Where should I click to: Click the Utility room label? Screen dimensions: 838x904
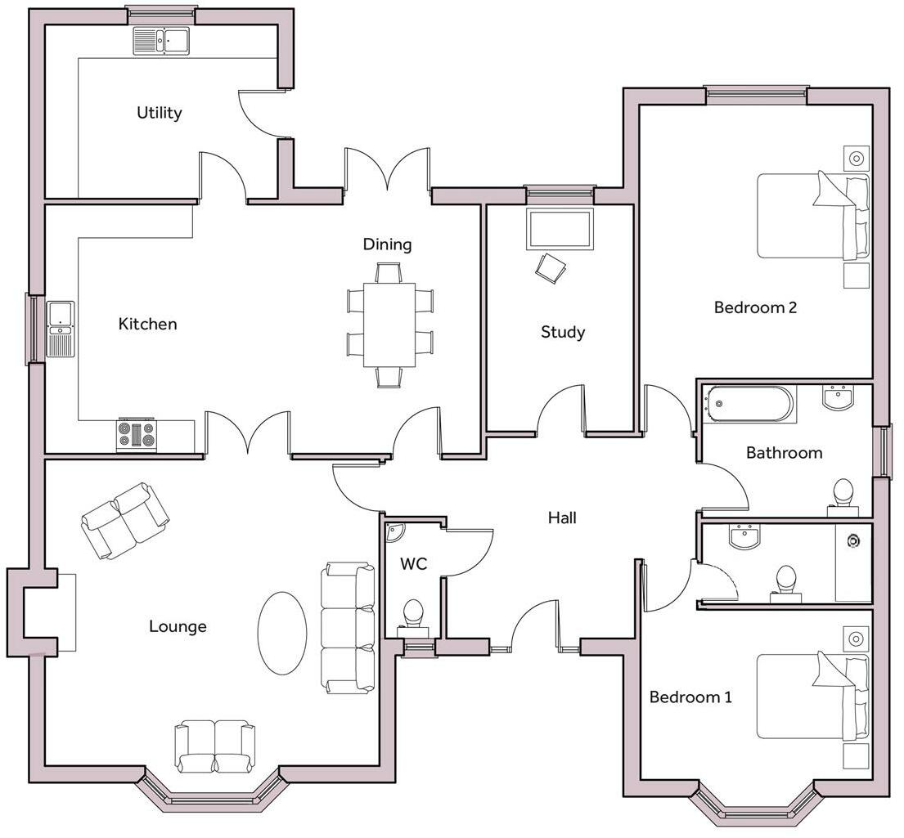pyautogui.click(x=159, y=113)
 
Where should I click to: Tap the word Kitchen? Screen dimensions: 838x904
pyautogui.click(x=147, y=324)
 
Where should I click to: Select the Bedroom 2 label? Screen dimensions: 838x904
pyautogui.click(x=755, y=307)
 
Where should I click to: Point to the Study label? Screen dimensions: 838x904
pyautogui.click(x=563, y=332)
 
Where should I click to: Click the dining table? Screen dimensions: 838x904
pyautogui.click(x=389, y=324)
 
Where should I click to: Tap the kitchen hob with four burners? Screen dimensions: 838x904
pyautogui.click(x=136, y=435)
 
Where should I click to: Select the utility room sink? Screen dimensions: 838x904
pyautogui.click(x=161, y=41)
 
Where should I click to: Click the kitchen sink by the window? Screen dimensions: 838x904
pyautogui.click(x=61, y=329)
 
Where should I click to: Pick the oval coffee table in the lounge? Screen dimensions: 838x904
pyautogui.click(x=282, y=632)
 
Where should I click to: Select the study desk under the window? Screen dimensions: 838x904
pyautogui.click(x=560, y=229)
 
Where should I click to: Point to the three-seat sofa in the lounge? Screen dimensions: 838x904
pyautogui.click(x=348, y=627)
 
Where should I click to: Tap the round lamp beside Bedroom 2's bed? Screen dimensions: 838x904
pyautogui.click(x=857, y=159)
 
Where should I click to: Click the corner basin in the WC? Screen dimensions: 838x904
pyautogui.click(x=395, y=531)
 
